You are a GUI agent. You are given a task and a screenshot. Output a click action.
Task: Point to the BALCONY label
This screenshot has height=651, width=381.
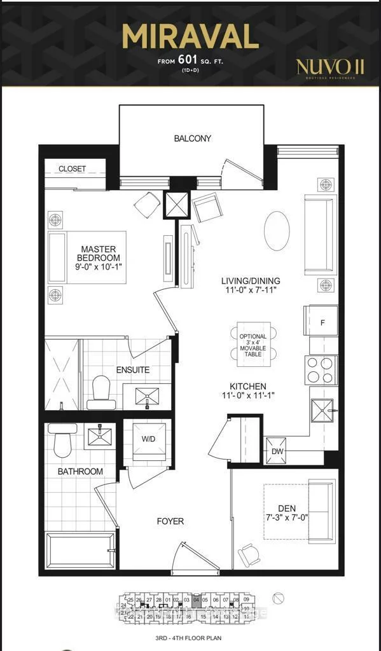click(192, 139)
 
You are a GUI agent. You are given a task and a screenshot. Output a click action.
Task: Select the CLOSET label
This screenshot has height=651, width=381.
click(72, 168)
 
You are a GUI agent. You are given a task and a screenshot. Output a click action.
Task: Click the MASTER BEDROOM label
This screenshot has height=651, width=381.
click(99, 254)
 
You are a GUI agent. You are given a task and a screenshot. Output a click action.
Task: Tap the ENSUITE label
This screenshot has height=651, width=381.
click(133, 369)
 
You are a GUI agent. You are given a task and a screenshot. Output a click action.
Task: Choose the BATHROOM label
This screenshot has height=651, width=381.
click(80, 472)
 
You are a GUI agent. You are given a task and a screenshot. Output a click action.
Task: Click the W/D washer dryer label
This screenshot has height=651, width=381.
click(149, 439)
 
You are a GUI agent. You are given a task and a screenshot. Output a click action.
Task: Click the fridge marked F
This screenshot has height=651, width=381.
click(322, 322)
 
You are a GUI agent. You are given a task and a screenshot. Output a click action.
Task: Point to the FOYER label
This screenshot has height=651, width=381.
click(170, 521)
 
